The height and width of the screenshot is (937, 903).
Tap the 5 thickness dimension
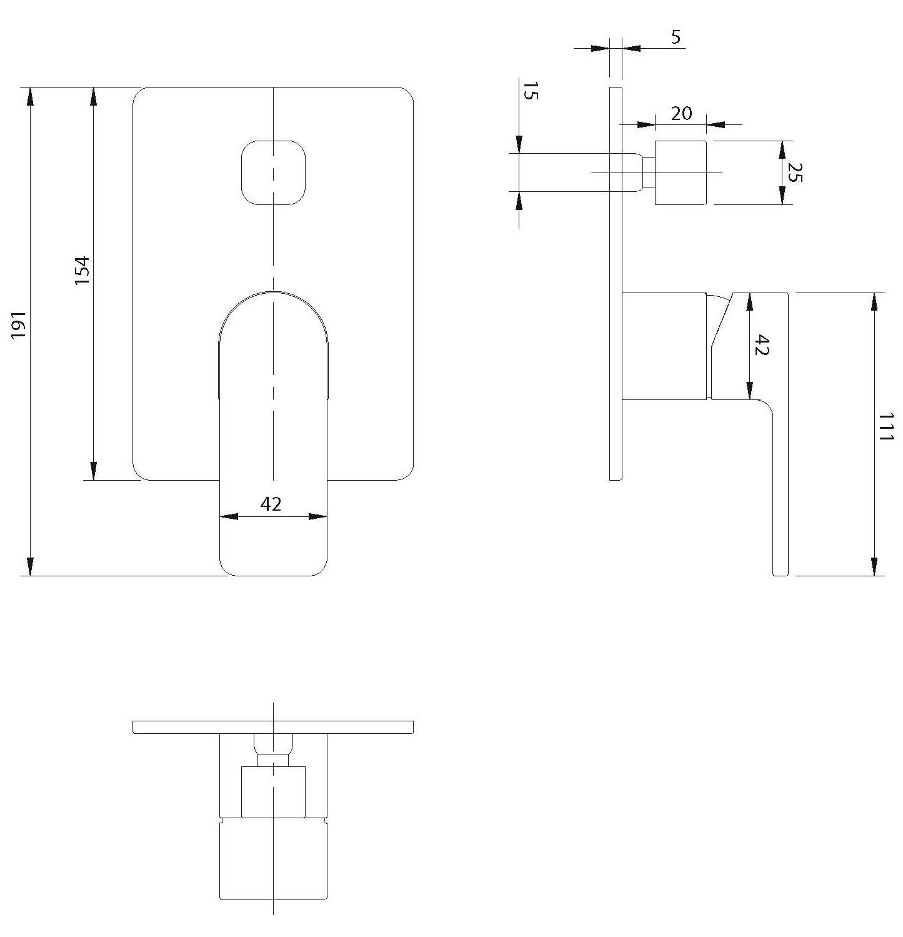coord(676,38)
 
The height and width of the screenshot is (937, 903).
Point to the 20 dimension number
coord(681,113)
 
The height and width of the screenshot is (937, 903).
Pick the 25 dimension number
coord(794,173)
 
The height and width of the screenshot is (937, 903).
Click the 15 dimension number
coord(529,91)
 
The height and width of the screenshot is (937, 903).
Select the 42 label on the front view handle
coord(271,504)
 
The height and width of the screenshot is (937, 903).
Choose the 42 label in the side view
coord(761,345)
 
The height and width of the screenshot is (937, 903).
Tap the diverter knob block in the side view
coord(681,173)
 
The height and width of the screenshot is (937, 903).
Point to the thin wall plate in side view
coord(616,283)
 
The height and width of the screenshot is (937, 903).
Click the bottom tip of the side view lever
coord(781,574)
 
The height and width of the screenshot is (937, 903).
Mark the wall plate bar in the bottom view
coord(273,727)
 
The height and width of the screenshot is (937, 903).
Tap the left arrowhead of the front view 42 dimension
coord(228,516)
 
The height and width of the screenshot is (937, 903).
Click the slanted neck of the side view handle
coord(721,319)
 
